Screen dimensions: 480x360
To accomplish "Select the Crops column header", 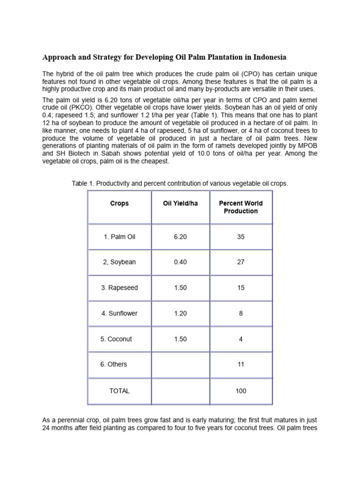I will (119, 203).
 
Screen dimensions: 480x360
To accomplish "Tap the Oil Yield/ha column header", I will (180, 203).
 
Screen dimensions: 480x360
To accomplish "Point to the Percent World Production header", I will (240, 207).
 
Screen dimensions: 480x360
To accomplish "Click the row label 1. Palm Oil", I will (119, 237).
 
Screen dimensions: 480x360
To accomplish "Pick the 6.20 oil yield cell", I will (180, 237).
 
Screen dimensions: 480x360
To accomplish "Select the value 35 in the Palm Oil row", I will (240, 237).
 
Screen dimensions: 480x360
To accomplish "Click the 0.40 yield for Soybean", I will (180, 262).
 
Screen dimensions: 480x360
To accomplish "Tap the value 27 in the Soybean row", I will (240, 262).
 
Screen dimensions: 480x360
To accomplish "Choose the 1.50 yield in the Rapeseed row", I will (180, 288).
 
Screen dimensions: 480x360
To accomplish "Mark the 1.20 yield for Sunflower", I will (180, 313).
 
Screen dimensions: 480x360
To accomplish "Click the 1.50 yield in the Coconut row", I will (180, 339).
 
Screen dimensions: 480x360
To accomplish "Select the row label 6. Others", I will (113, 364).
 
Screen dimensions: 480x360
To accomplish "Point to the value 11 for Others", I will (240, 364).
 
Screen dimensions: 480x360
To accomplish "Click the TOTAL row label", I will (119, 391).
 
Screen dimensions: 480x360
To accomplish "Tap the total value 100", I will (240, 391).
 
